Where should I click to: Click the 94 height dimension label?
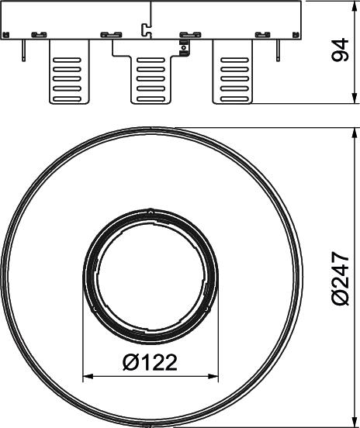(340, 50)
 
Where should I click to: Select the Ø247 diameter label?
(340, 278)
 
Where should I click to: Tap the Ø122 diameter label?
(150, 363)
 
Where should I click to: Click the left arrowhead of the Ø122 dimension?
(88, 377)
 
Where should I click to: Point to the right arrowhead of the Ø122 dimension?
(213, 377)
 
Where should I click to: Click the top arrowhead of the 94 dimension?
(355, 6)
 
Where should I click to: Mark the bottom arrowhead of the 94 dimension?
(355, 98)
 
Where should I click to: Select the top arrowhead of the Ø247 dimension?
(355, 133)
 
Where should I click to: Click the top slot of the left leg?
(67, 60)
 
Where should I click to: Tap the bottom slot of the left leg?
(67, 98)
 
